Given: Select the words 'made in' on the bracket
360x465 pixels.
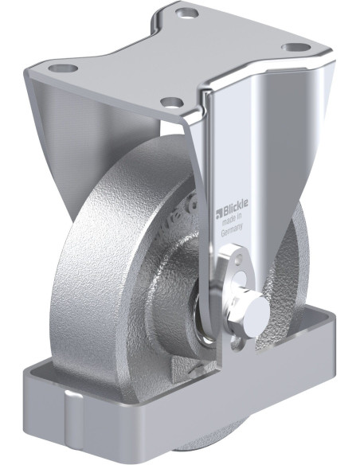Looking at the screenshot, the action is click(232, 219).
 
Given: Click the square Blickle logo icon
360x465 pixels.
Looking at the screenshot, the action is click(219, 213).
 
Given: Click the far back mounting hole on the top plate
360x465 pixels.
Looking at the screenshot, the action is click(186, 13).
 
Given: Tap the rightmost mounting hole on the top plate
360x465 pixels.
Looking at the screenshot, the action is click(295, 48).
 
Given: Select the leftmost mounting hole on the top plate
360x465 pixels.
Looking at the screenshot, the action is click(63, 68).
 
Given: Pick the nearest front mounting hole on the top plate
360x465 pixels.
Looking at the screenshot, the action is click(172, 102).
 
